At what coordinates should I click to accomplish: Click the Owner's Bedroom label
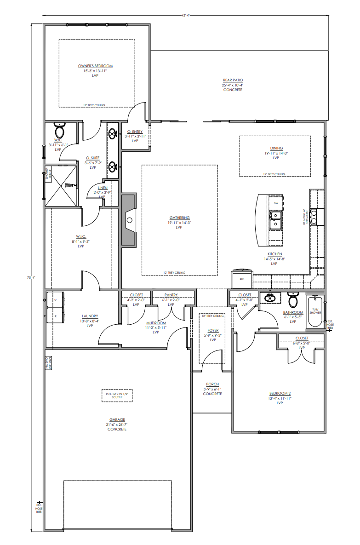point(95,66)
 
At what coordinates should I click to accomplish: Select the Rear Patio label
point(233,80)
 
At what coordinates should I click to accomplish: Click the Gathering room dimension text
point(179,223)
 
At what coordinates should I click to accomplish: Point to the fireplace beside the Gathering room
point(129,220)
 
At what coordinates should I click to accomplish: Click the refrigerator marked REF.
point(241,277)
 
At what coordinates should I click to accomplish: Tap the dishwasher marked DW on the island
point(276,203)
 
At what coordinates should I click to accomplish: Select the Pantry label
point(171,295)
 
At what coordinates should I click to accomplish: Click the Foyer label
point(213,330)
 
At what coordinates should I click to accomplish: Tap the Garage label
point(117,419)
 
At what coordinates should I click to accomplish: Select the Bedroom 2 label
point(280,393)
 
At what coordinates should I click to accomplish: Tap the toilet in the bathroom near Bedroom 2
point(292,300)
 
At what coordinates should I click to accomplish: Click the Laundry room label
point(90,316)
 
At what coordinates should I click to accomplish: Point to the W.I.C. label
point(81,236)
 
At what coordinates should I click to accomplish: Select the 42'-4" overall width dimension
point(186,15)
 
